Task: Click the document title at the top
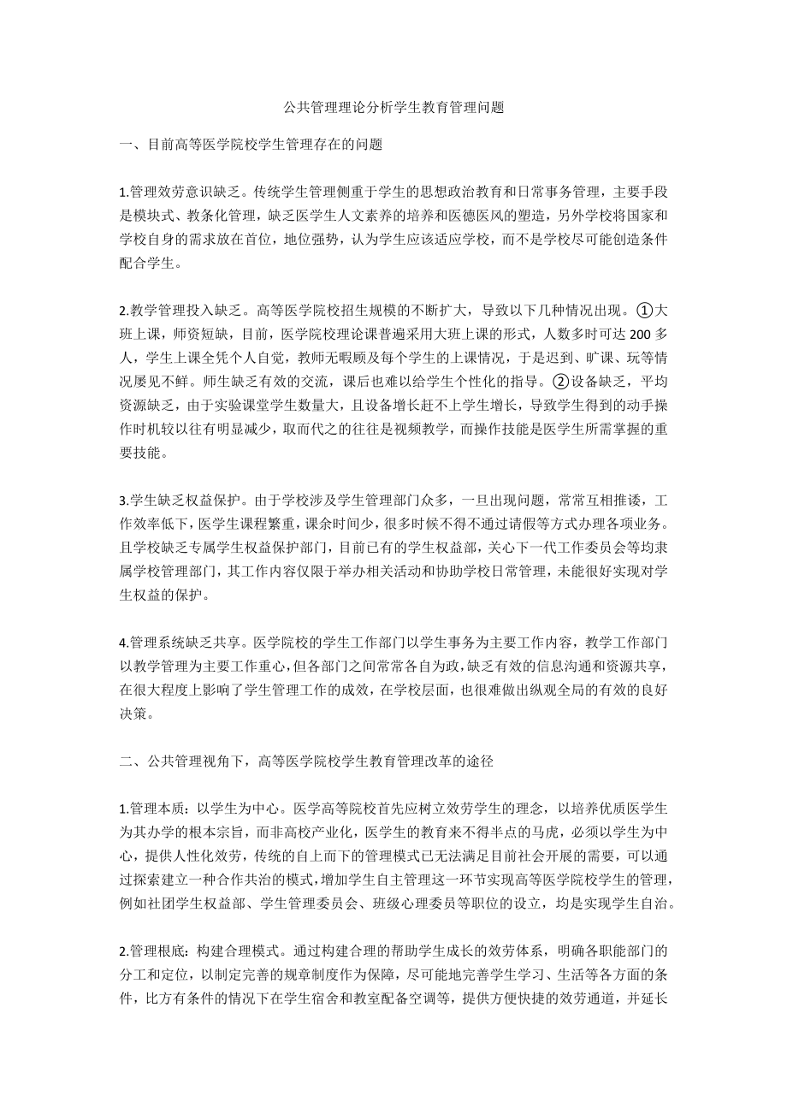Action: click(x=393, y=108)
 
